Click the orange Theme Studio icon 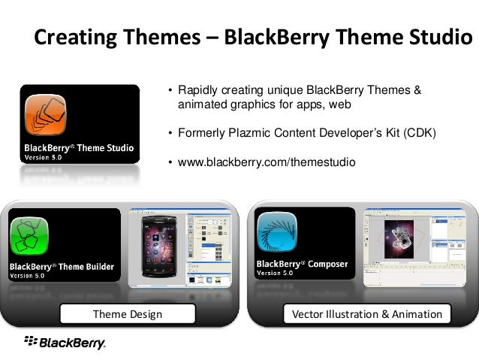[45, 115]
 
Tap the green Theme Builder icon [29, 236]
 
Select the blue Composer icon [277, 231]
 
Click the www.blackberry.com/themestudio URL [267, 162]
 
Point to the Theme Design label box [128, 313]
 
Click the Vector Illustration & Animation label [367, 314]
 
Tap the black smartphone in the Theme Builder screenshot [159, 247]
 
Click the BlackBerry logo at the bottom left [65, 343]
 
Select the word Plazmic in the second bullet [249, 133]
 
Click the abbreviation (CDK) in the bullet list [420, 133]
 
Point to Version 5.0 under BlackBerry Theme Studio [43, 158]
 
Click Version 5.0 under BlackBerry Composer [275, 273]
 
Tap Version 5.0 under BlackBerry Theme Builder [27, 276]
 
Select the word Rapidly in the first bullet [198, 90]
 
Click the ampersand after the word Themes [417, 90]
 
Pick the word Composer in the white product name [327, 264]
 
